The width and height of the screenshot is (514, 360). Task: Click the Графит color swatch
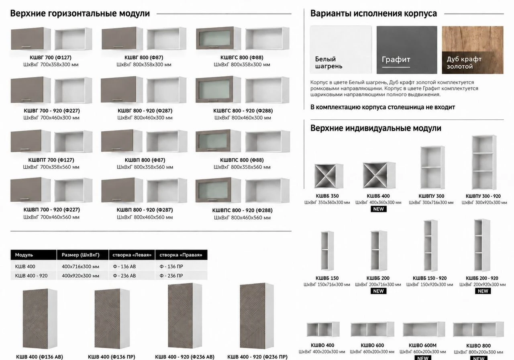407,50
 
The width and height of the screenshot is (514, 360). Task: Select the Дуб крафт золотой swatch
473,50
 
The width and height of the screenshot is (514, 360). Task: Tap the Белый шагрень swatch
341,50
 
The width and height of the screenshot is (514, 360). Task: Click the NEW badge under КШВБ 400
378,209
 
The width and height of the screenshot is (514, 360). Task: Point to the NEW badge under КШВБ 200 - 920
483,291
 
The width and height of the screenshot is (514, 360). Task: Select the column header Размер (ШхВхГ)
81,255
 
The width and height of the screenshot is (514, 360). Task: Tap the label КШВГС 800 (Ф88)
242,57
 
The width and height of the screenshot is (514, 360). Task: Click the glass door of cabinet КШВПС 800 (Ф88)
212,141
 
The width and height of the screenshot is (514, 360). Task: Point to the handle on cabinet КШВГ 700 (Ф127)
26,47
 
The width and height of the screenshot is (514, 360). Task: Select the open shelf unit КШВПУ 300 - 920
484,162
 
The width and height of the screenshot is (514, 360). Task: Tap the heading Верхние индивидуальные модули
375,128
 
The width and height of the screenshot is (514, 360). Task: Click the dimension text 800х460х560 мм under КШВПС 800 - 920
242,217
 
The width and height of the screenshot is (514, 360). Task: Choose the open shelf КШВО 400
323,329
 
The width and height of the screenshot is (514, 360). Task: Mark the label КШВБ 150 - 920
430,278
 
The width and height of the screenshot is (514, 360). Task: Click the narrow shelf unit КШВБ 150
327,251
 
